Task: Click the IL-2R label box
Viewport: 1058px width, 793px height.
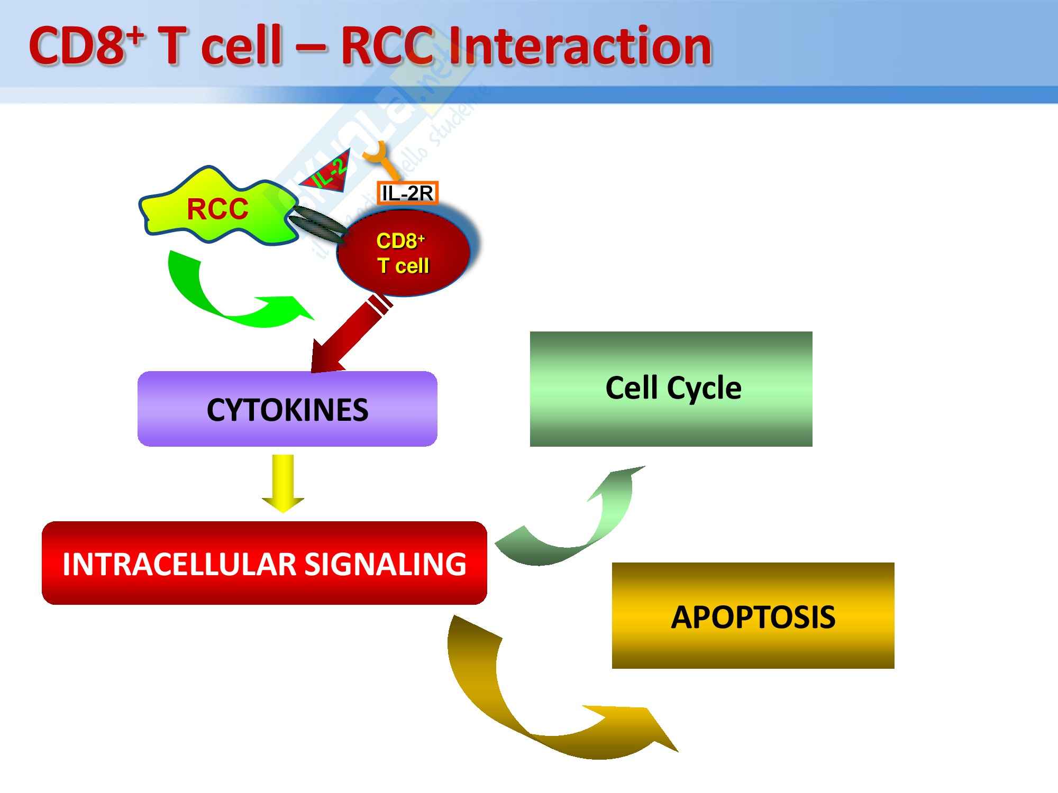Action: [x=407, y=193]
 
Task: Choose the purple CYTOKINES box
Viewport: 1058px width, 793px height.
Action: [x=287, y=409]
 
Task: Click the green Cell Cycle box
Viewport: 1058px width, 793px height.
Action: [x=671, y=389]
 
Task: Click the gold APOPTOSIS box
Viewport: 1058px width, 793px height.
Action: [x=753, y=616]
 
